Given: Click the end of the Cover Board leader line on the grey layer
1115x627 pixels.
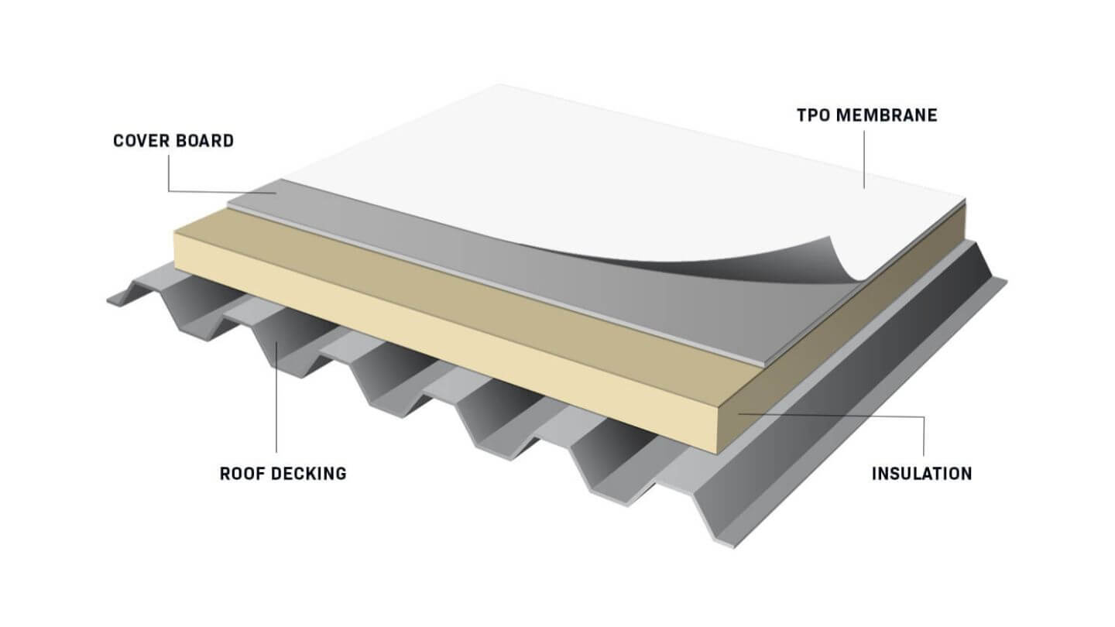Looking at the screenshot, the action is coord(276,193).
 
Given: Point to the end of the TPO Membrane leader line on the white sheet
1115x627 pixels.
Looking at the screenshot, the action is coord(864,188).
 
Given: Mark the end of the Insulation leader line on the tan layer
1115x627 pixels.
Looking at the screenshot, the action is coord(738,413).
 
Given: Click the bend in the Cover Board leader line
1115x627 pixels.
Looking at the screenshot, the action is coord(169,190).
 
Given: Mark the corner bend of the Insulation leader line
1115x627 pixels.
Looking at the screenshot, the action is coord(924,417).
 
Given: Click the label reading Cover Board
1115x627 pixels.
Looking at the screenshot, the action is coord(173,141).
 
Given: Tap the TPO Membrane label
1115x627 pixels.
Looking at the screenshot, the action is coord(867,115).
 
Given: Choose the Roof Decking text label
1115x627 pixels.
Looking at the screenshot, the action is coord(283,473).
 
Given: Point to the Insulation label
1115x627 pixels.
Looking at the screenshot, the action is coord(922,473).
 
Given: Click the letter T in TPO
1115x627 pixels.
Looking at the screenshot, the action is coord(802,115).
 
